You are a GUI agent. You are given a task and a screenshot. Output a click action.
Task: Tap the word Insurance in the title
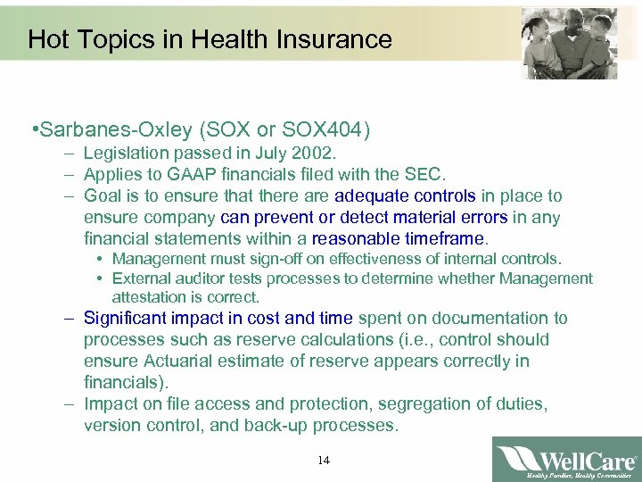339,39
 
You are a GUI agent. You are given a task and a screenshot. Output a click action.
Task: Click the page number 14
323,461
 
